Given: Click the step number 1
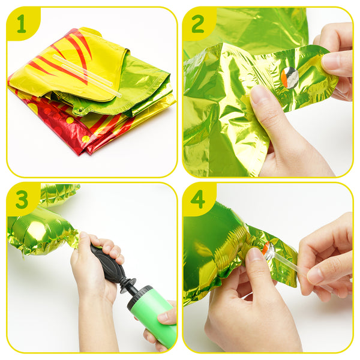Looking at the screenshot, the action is [x=22, y=23].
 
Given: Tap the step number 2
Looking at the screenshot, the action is [x=197, y=23].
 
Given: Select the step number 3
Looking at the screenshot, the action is [x=22, y=199].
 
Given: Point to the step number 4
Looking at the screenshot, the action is [x=197, y=199].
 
